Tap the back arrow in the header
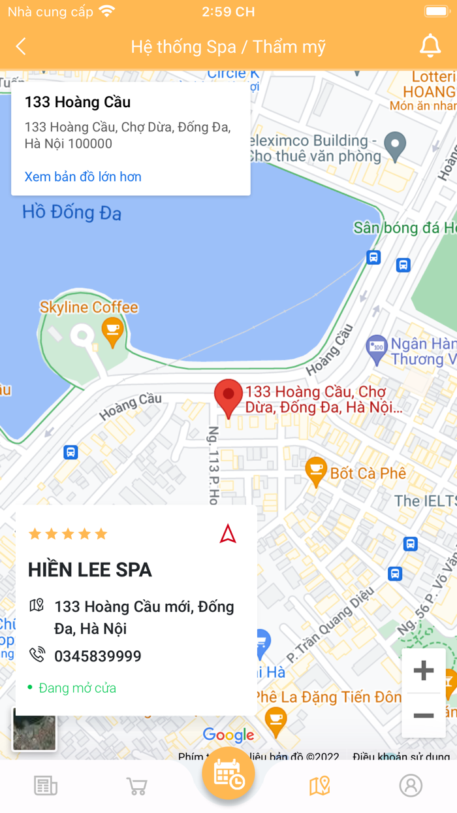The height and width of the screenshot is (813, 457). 21,46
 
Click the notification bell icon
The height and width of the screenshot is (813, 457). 430,46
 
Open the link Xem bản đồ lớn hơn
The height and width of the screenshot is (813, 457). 83,176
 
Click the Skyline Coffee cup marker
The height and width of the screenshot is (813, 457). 113,331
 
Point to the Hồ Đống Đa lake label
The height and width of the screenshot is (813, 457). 72,212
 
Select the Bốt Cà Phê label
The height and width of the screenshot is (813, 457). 368,473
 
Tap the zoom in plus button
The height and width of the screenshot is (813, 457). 424,671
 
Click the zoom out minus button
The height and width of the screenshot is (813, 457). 424,716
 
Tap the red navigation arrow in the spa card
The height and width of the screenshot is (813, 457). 228,534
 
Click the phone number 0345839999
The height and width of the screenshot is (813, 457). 98,655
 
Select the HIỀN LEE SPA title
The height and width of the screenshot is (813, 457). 90,570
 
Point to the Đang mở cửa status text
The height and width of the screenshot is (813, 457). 77,688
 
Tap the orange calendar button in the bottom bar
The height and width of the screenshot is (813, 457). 228,774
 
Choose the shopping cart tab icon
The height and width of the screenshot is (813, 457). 136,786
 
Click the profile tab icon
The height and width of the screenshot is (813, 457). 411,786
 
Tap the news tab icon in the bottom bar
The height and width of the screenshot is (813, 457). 46,786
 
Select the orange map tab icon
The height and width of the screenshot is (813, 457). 319,786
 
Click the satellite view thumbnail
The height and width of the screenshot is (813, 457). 35,730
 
